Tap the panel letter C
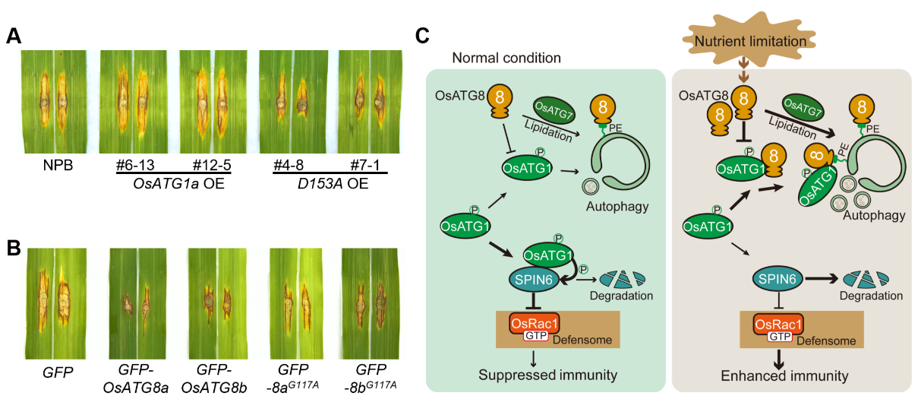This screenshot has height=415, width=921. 423,35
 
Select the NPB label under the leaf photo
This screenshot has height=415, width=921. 54,166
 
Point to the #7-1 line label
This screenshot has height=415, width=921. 365,166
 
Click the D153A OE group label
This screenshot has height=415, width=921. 331,185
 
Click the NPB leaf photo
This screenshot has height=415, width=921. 54,103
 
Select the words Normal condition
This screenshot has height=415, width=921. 506,58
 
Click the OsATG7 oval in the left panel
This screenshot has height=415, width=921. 554,109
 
